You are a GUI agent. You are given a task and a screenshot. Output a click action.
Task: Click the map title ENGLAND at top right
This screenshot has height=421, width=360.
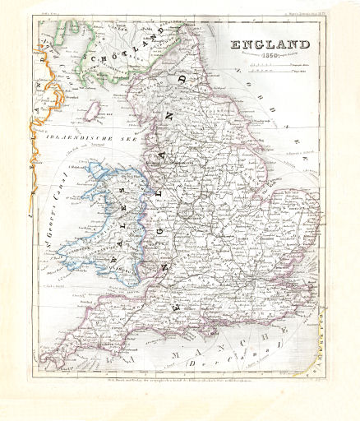pyautogui.click(x=270, y=45)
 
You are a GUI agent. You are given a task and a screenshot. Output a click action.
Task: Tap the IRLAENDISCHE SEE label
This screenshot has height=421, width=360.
pyautogui.click(x=82, y=136)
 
